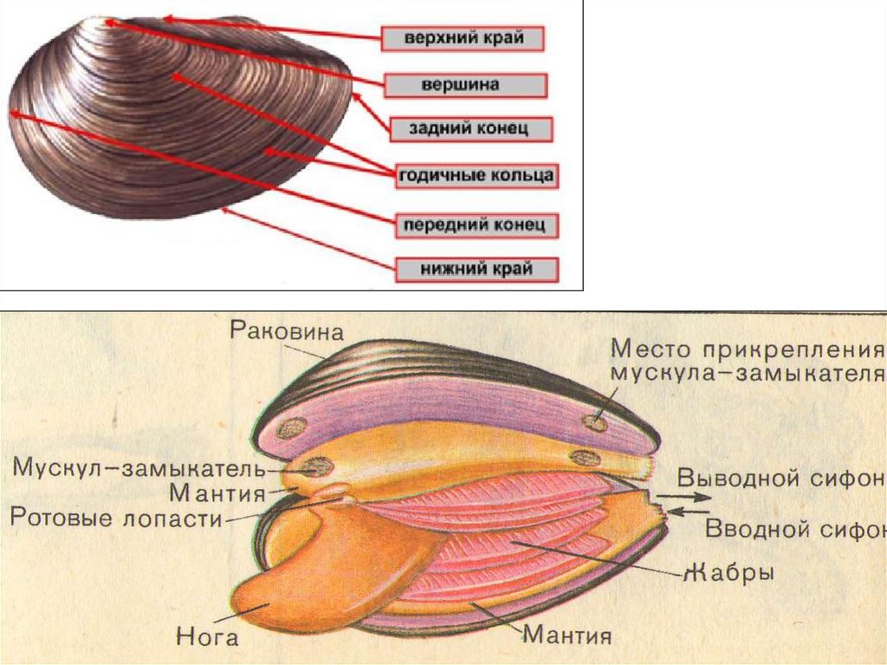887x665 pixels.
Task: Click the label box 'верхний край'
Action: [463, 39]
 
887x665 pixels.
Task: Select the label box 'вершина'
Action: [464, 85]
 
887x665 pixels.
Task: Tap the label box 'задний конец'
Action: [469, 129]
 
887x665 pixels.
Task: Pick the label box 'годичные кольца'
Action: [476, 176]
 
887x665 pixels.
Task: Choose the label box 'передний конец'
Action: [475, 225]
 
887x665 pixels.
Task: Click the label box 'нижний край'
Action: [476, 269]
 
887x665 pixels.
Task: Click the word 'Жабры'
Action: [727, 572]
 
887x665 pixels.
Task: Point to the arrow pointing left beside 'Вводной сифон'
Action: [690, 512]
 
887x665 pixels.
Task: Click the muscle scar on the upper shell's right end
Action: [595, 422]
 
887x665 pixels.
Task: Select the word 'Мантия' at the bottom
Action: [567, 636]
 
